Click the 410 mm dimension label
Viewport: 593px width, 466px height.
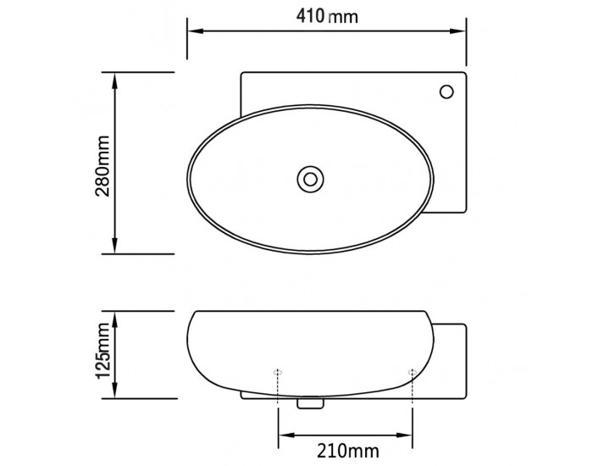(x=327, y=16)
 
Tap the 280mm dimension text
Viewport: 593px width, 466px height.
(x=103, y=166)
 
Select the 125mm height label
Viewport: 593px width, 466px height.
(x=103, y=351)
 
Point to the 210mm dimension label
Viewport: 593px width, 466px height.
(x=347, y=451)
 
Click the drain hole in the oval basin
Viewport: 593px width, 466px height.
(x=310, y=180)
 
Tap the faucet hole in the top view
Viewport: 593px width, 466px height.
(x=446, y=92)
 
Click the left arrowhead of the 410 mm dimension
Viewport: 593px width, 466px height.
(x=196, y=31)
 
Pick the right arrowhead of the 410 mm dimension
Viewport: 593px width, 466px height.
(x=457, y=31)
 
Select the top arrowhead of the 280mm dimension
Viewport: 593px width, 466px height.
(x=115, y=81)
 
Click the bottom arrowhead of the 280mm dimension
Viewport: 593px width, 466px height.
(x=115, y=245)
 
